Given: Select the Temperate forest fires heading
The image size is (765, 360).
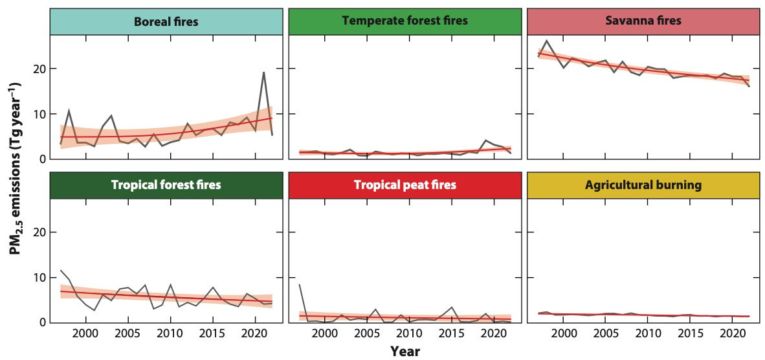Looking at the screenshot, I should coord(405,21).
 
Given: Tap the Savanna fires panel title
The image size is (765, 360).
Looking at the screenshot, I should coord(643,21).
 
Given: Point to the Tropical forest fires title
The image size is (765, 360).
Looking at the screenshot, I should coord(166,185).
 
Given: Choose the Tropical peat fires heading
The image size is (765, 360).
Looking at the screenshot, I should coord(405,185).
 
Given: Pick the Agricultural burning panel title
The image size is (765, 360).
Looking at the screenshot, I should coord(643,185).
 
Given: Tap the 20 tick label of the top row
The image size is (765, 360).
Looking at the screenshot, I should coord(37,69).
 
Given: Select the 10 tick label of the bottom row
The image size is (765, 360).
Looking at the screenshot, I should coord(37,277).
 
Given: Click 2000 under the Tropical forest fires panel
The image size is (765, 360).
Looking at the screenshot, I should coord(85,334).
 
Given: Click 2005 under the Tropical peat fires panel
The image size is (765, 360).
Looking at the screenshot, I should coord(366,334).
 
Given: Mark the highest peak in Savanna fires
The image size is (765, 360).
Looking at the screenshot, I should coord(547,41).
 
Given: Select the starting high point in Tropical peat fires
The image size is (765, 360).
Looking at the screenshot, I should coord(299,285).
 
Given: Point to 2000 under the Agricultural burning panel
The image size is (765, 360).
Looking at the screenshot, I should coord(563,334).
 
